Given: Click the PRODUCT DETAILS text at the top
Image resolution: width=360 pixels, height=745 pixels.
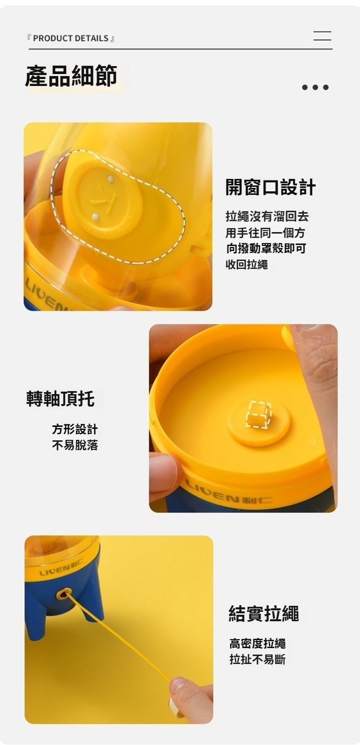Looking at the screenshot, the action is point(71,38).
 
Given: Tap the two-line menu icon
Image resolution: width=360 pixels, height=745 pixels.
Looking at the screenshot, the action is point(322,36).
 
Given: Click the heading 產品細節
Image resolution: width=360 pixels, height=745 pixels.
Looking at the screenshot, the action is point(71,76).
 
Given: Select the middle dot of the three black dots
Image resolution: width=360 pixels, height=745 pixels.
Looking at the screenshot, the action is point(315,87).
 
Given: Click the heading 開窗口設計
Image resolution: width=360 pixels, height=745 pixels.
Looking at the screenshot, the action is point(270,187).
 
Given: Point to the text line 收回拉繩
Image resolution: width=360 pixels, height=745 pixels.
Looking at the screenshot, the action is point(247,264).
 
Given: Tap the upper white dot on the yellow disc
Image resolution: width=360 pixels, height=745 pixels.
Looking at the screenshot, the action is point(111,179).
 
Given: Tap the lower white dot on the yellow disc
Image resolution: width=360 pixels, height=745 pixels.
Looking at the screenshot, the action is point(95,218).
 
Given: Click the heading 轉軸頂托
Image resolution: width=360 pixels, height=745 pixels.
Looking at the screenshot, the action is point(60,399).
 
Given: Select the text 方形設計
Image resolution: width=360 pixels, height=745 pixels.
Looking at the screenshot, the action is point(75,429).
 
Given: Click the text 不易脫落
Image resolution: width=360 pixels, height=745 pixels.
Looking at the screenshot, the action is point(75,445).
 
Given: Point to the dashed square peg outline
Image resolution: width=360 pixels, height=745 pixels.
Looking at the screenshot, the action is point(259,414).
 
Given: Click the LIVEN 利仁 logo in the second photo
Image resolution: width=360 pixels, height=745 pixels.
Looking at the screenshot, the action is point(229,496).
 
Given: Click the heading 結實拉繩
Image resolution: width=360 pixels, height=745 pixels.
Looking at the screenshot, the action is point(264,614).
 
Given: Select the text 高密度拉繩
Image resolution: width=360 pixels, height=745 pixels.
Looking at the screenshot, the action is point(258,644).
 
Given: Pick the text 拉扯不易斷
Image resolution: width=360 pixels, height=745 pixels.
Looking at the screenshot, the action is point(258,659).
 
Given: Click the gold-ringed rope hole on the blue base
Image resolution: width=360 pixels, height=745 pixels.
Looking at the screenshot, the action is point(63,594).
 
